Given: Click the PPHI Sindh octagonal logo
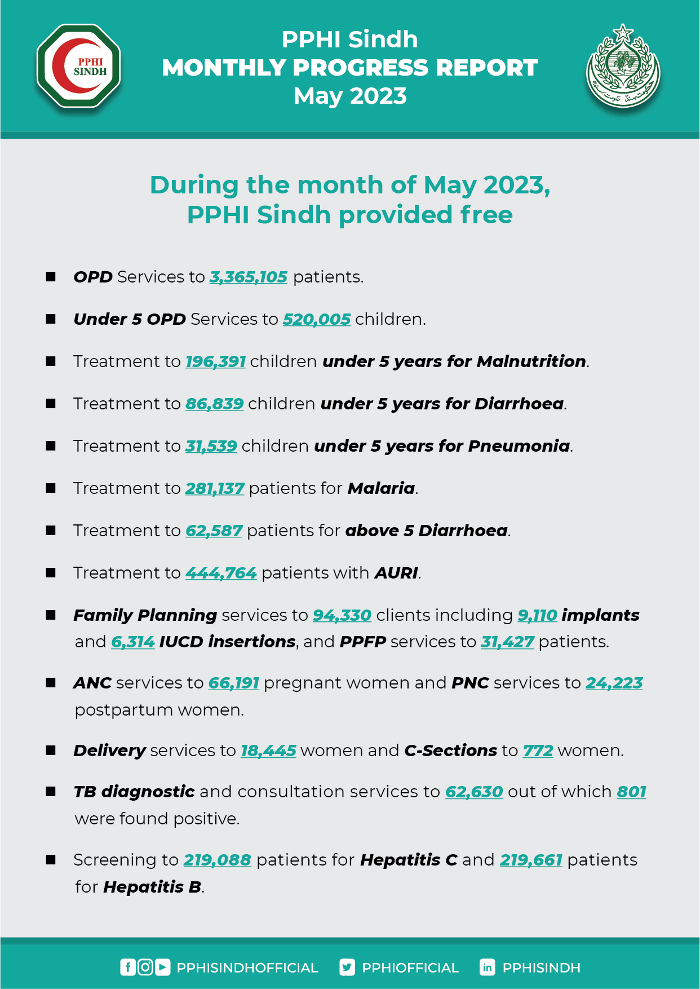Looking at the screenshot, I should pos(79,66).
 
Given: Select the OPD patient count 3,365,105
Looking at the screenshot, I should pos(249,277).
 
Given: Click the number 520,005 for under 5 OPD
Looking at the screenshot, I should pos(317,319).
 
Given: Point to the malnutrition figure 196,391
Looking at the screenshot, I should pos(216,361).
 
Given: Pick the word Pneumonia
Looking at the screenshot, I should pos(519,446).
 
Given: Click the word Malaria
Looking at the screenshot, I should pos(381,488).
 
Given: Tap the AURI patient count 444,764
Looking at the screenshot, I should pos(221,573).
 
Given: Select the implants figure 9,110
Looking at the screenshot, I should pos(537,615).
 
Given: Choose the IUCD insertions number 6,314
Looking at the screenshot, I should pos(133,642).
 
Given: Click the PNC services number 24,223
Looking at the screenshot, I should pos(614,683).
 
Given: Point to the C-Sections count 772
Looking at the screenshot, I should pos(538,750).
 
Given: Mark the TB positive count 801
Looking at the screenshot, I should pos(631,792).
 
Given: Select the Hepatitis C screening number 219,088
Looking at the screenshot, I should pos(218,860).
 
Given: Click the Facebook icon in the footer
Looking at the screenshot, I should pos(128,968).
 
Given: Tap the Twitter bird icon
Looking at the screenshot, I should pos(347,968).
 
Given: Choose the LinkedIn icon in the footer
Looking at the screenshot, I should pos(487,968).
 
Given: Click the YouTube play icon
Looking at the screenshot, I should pos(162,968).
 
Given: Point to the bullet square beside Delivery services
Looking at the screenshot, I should pos(51,750).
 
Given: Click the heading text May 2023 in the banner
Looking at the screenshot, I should pos(350,96).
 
